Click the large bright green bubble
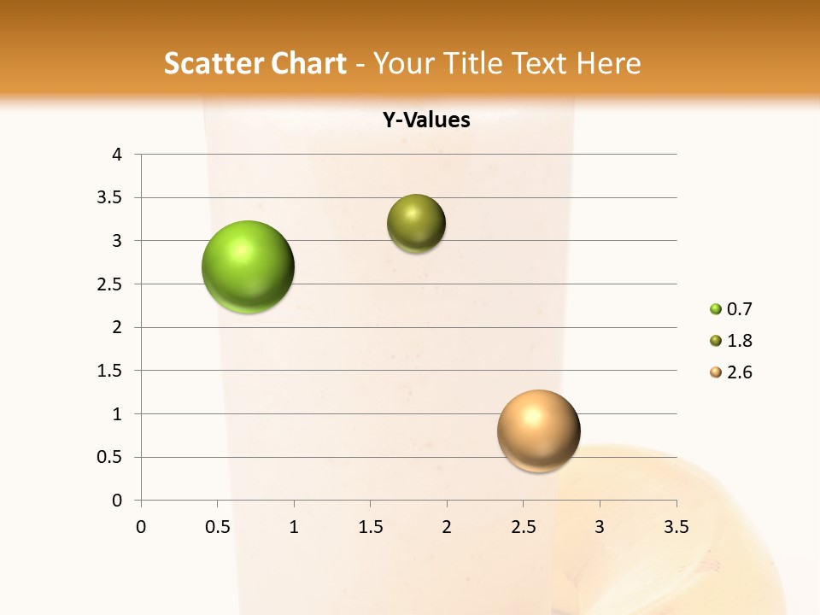coord(249,266)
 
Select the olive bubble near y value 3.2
coord(416,224)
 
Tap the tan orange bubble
coord(538,430)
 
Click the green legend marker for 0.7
coord(716,309)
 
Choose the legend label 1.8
coord(739,341)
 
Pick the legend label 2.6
coord(739,372)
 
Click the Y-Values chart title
coord(426,120)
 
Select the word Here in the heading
coord(609,64)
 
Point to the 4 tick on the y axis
coord(118,155)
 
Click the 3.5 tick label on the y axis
coord(109,198)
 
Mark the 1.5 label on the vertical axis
coord(109,371)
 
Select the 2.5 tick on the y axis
coord(109,284)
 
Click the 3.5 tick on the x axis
coord(676,527)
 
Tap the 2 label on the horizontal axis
coord(447,527)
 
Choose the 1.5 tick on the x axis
coord(370,527)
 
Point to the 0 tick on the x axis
coord(141,527)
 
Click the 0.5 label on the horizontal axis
coord(218,527)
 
